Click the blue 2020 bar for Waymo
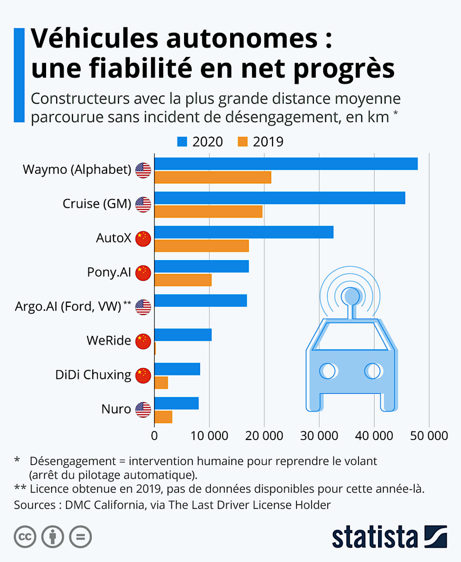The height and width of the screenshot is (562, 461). [x=286, y=164]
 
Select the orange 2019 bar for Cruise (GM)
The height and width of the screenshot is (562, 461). [x=208, y=212]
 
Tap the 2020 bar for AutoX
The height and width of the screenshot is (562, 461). [x=244, y=232]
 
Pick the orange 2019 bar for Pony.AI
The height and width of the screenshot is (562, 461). [x=183, y=280]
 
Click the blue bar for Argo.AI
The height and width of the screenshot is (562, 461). [x=201, y=300]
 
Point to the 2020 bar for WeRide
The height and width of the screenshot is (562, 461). [x=183, y=334]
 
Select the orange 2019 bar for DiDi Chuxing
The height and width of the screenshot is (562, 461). [x=161, y=383]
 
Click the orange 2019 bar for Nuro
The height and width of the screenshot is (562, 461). [x=163, y=417]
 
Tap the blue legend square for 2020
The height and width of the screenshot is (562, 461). [x=182, y=142]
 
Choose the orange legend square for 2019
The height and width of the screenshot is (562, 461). [x=243, y=142]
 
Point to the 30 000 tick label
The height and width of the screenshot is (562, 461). [x=319, y=436]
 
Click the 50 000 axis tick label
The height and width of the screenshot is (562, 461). [x=429, y=436]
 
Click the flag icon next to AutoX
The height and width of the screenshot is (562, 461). [x=143, y=239]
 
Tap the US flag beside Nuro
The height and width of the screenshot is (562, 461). [x=143, y=410]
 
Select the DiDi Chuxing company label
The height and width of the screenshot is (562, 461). [x=93, y=375]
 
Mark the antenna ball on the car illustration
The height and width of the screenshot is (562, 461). [x=352, y=296]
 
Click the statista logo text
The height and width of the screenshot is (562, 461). [x=375, y=537]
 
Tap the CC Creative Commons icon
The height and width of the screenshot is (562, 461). [x=25, y=537]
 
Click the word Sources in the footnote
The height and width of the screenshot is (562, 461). [x=34, y=505]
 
